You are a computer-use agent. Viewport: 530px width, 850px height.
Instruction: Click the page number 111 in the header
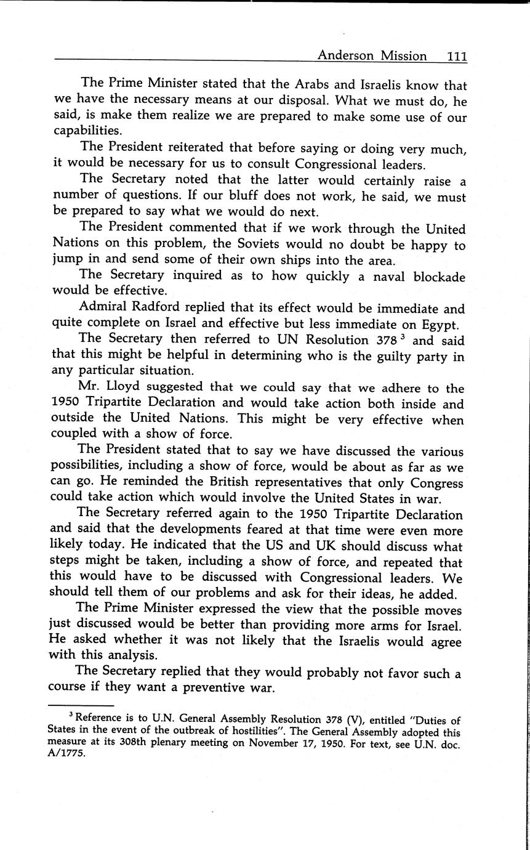coord(457,56)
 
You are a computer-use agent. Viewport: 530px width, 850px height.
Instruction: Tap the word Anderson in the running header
coord(345,56)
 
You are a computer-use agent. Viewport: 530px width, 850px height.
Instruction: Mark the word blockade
coord(433,277)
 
